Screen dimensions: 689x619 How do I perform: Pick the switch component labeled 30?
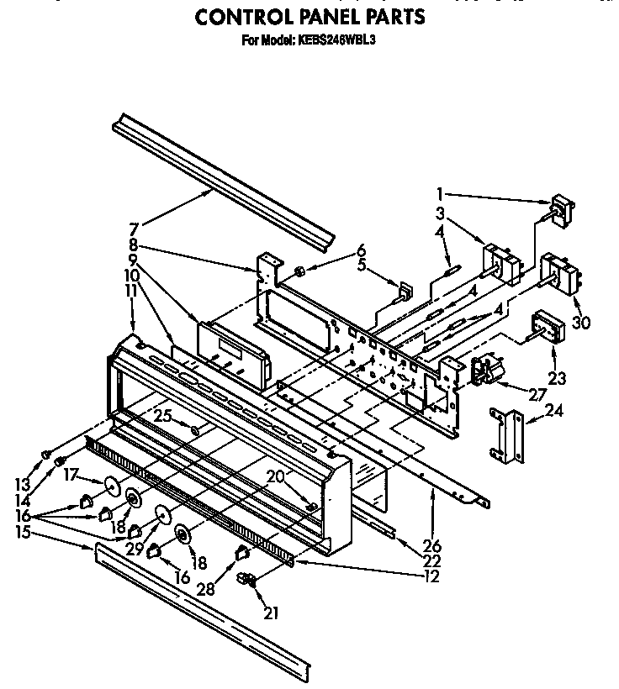click(560, 273)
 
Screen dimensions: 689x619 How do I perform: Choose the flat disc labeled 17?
click(110, 487)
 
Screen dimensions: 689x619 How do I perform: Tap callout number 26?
click(435, 545)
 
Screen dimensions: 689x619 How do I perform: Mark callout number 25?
click(162, 415)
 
